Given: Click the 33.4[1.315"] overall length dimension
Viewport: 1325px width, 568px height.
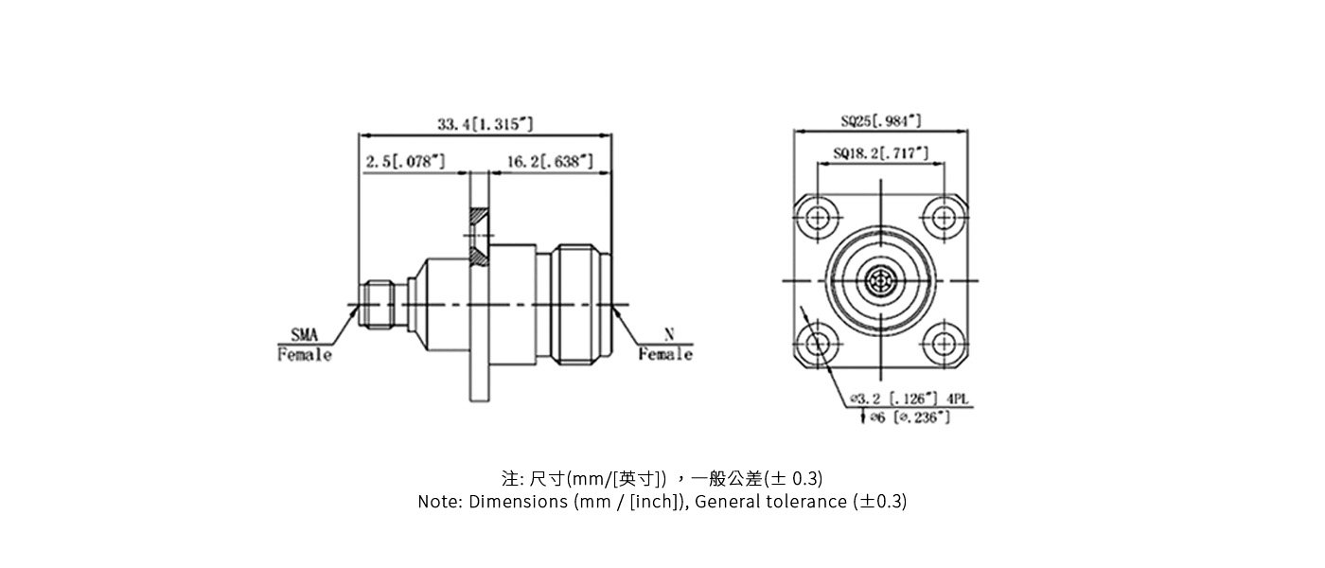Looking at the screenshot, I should (485, 124).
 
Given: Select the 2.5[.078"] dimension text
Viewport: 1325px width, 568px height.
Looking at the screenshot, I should (405, 162).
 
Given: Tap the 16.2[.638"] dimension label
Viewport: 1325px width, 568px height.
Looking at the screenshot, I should (550, 162).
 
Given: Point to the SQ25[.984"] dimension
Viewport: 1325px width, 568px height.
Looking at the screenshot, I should (880, 121).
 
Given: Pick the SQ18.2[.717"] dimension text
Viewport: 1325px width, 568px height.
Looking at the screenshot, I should (880, 152).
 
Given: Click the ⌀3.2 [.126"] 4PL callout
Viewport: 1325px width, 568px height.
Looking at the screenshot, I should (903, 399).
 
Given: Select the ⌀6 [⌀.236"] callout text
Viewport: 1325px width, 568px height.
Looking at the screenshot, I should (910, 417).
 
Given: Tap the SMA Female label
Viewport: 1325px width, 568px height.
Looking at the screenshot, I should (304, 345).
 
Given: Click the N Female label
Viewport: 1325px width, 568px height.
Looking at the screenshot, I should (665, 345).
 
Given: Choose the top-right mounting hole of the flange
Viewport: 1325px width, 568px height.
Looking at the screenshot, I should (944, 219).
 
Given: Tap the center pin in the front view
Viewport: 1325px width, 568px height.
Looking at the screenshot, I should (880, 281).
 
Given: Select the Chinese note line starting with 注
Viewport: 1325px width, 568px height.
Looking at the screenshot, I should (662, 477).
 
